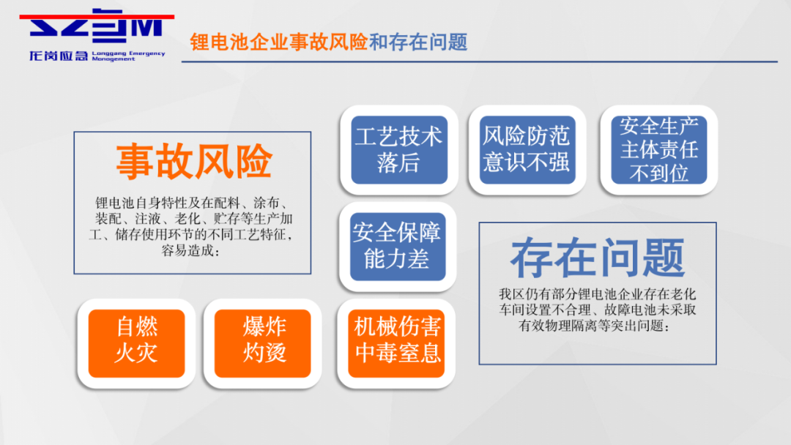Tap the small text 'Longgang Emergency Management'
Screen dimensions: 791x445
[x=128, y=56]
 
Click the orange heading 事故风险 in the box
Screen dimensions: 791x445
[x=194, y=162]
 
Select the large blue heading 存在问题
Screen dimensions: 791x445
[x=598, y=258]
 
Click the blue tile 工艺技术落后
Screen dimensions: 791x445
[x=399, y=150]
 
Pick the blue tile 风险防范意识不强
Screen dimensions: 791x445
[x=527, y=150]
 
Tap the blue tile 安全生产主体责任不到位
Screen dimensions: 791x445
[x=659, y=150]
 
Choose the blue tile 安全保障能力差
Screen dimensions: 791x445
[x=398, y=247]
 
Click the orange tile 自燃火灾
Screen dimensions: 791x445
[x=136, y=343]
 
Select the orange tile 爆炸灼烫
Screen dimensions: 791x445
[x=262, y=343]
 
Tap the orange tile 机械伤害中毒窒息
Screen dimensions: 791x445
[x=396, y=343]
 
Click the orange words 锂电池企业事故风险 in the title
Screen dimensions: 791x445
[x=279, y=42]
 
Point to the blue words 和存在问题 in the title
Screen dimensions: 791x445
[x=418, y=42]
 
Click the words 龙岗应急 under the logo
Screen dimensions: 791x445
[x=59, y=56]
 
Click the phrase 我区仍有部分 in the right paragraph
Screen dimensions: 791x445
[x=538, y=293]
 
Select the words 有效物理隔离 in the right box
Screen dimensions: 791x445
[x=557, y=326]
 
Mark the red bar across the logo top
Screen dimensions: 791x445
[x=97, y=17]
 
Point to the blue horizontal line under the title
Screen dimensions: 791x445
[x=479, y=61]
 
